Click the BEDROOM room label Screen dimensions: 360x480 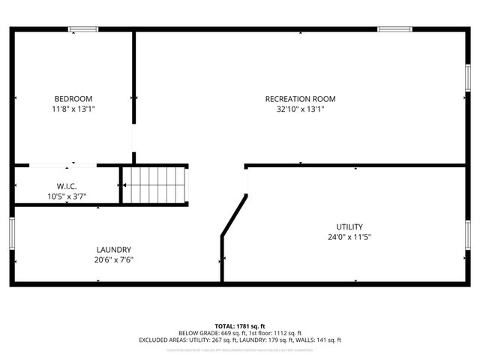(73, 99)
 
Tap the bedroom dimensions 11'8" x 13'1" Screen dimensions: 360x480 (73, 109)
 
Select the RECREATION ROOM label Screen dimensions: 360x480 (300, 99)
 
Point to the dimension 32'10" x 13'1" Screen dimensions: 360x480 (300, 109)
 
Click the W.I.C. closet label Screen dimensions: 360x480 (67, 187)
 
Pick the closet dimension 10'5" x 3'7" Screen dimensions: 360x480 (67, 196)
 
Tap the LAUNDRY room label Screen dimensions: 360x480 (114, 250)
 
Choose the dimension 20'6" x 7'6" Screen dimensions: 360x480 (114, 259)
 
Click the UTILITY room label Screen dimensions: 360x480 (349, 226)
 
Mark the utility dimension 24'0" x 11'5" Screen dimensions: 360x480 (349, 236)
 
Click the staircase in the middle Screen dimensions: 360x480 (154, 184)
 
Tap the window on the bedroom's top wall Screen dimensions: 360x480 (83, 29)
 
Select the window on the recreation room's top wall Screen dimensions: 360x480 (394, 29)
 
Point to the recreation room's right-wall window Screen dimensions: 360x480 (468, 78)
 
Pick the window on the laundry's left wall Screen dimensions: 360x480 (12, 232)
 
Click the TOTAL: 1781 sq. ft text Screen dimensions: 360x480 (240, 326)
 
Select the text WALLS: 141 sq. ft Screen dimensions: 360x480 (319, 340)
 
